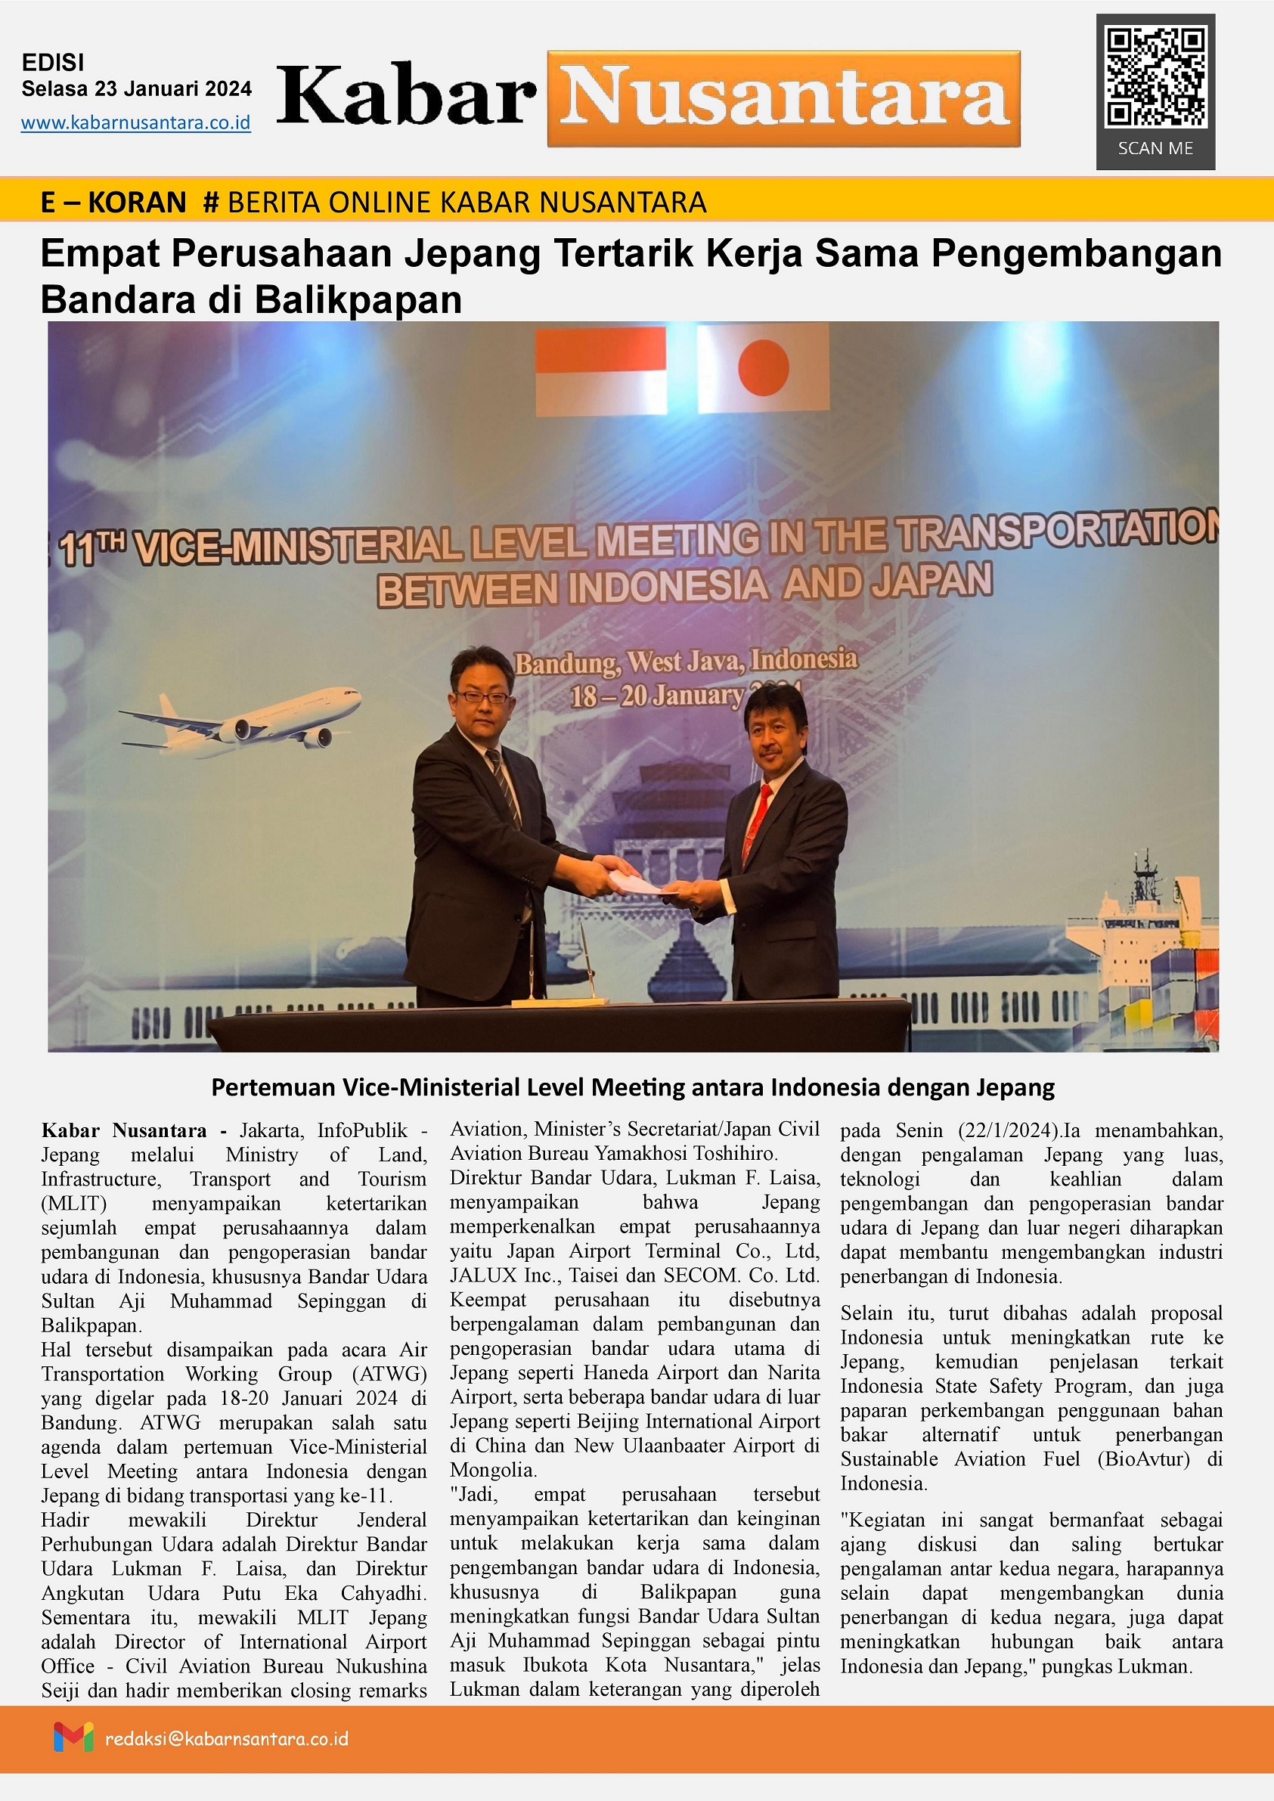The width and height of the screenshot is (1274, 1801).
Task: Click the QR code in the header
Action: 1155,77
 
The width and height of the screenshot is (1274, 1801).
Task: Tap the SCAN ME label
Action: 1155,148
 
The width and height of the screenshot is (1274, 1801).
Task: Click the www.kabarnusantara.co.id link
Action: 135,123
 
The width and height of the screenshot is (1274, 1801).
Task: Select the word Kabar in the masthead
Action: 406,98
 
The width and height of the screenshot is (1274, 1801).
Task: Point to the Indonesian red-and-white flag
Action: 601,370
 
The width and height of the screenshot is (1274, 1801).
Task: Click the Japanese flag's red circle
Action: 763,368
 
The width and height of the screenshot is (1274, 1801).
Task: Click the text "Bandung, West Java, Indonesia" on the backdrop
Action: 685,662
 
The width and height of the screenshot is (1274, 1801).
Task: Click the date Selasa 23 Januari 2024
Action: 137,88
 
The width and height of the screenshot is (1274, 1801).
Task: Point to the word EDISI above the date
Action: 54,63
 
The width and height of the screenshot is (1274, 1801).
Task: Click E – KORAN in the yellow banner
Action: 113,203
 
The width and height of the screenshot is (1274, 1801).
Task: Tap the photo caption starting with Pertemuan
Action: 632,1087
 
